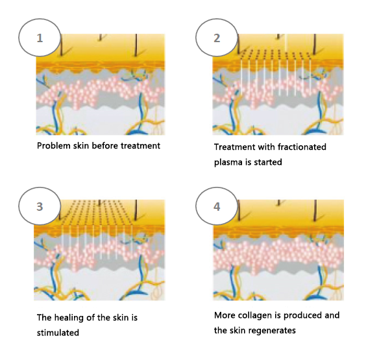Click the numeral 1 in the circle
coord(40,38)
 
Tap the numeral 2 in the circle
coord(217,38)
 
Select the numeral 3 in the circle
coord(40,206)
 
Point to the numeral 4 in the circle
coord(217,206)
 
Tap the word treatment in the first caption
coord(140,146)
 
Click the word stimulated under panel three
coord(58,333)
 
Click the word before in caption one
coord(105,146)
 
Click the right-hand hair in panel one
coord(136,45)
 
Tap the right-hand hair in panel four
coord(315,210)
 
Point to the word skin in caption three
coord(121,318)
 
